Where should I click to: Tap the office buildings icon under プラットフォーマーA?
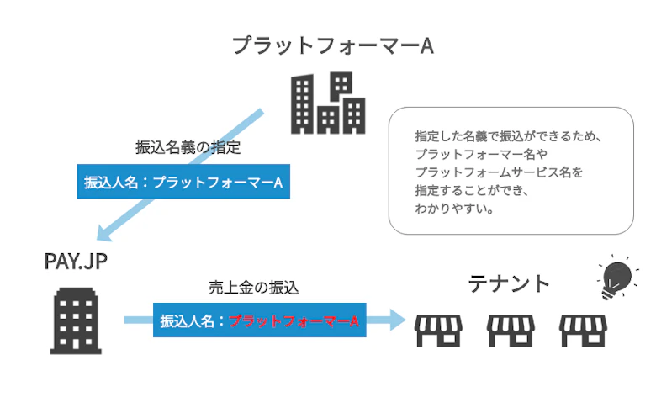tap(328, 103)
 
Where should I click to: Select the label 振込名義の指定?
tap(188, 147)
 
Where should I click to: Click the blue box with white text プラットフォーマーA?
tap(183, 182)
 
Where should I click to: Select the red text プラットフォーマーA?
tap(294, 320)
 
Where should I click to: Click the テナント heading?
tap(509, 283)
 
